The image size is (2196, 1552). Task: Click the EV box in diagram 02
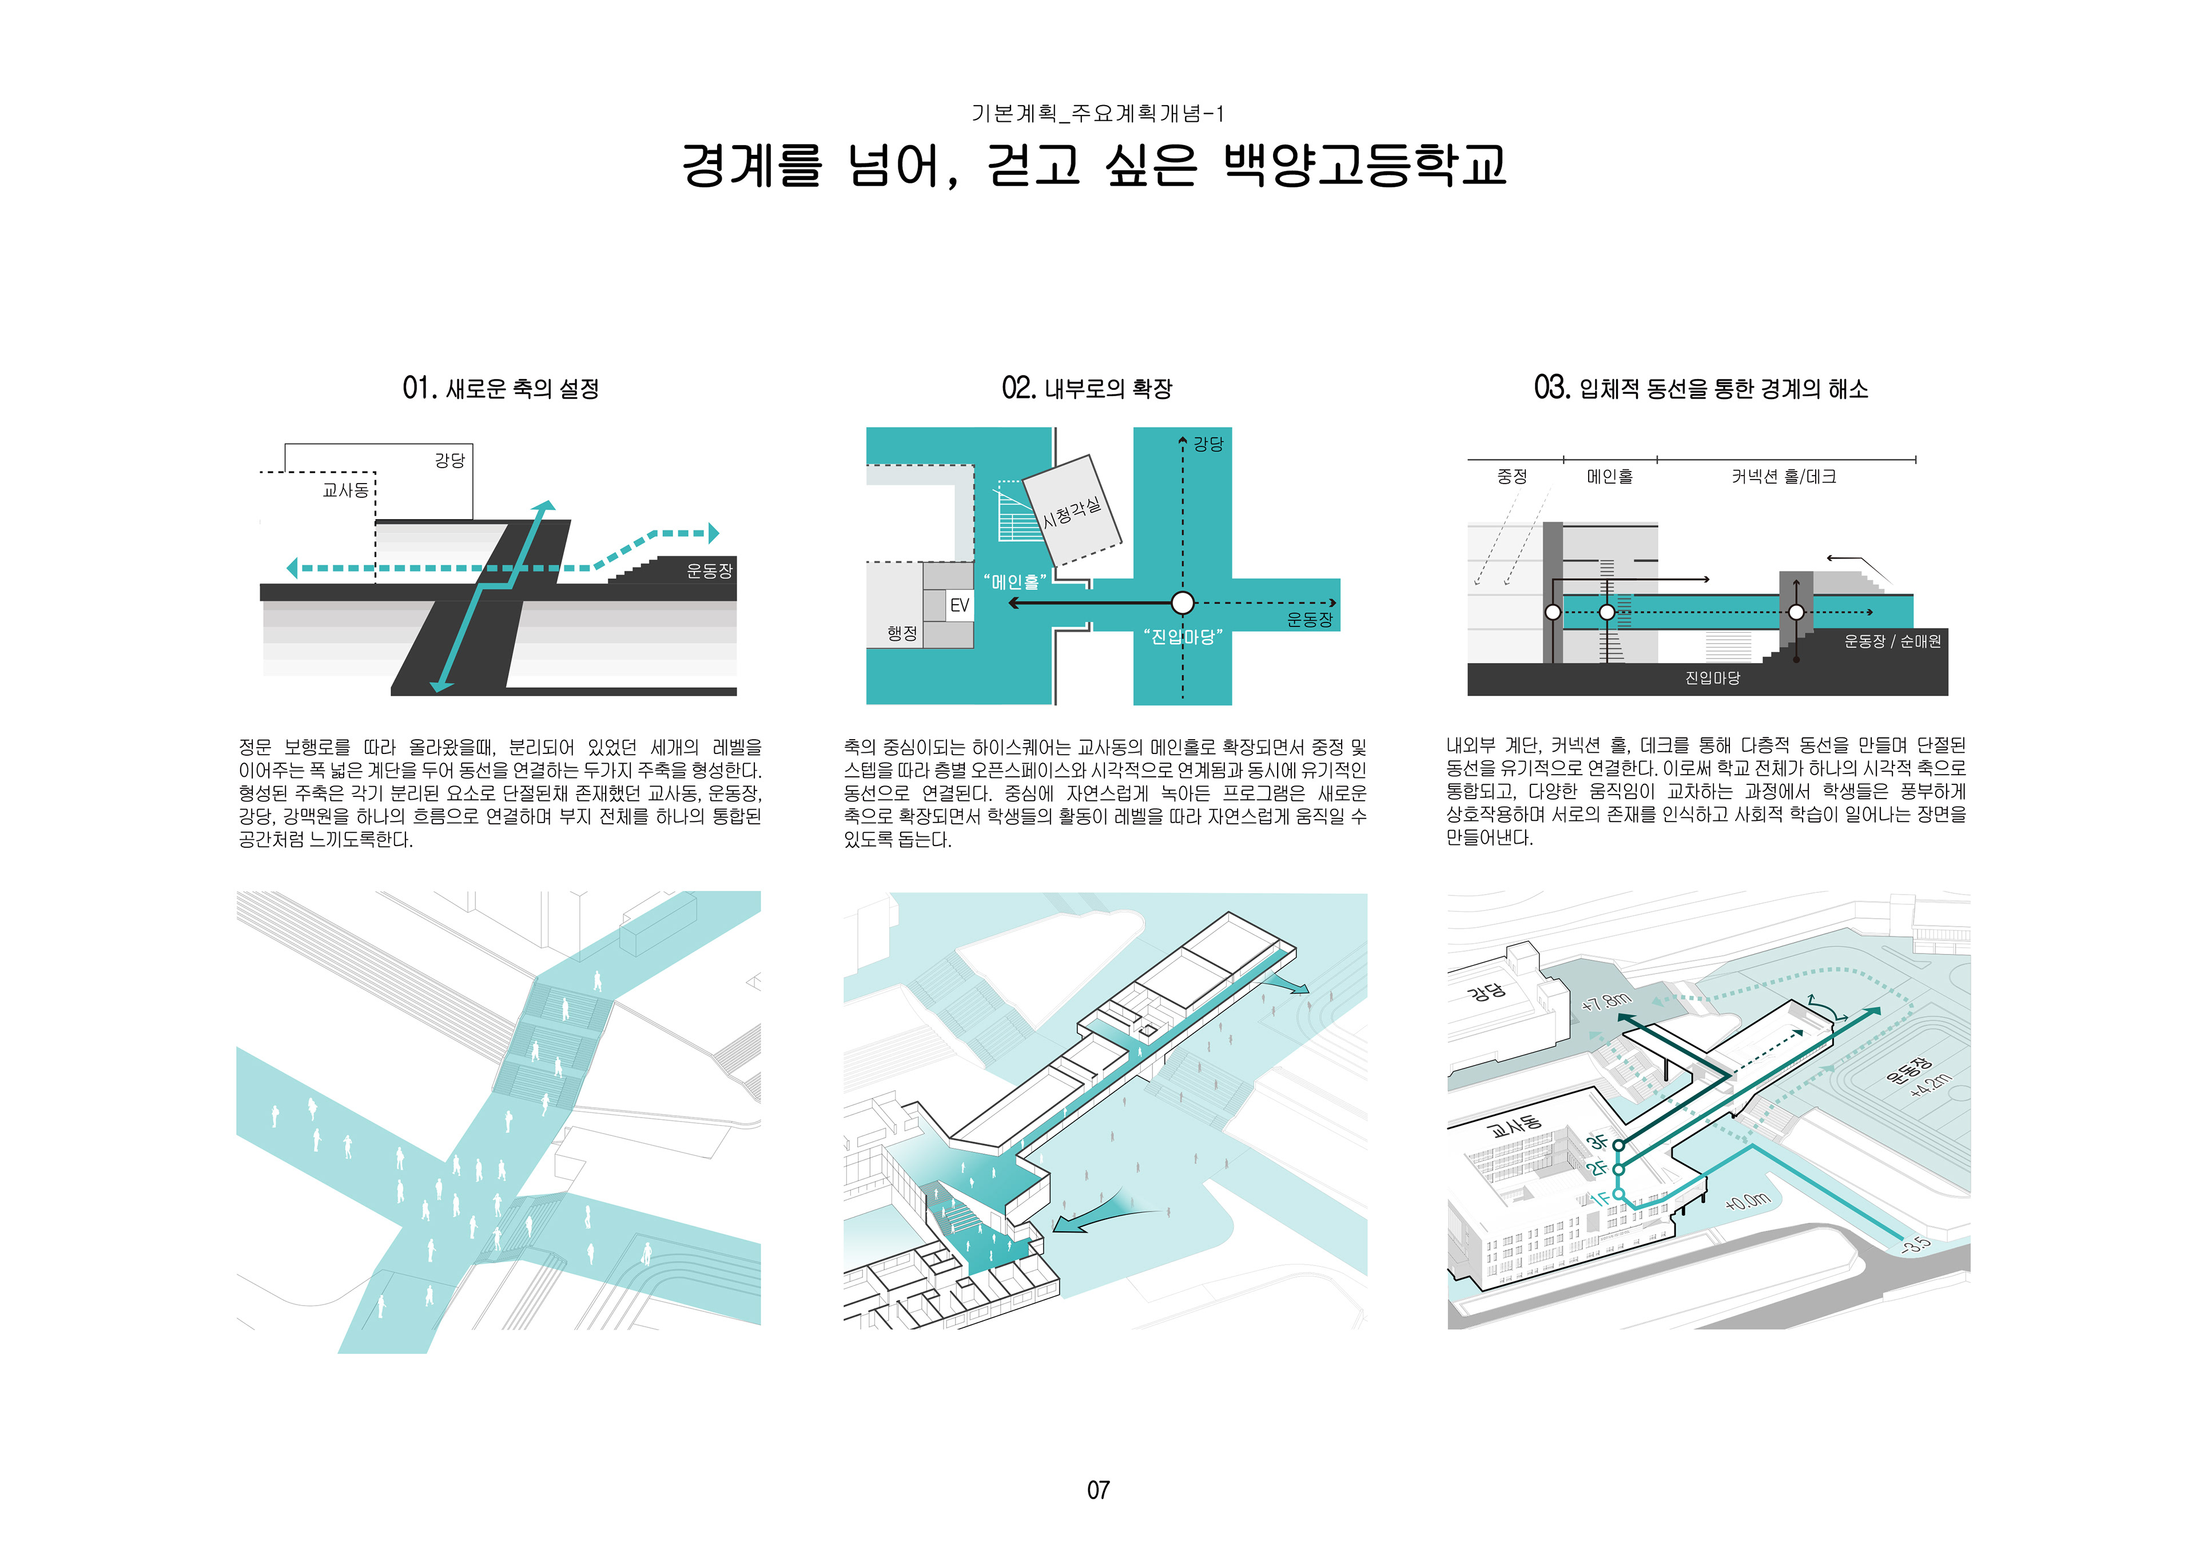point(958,605)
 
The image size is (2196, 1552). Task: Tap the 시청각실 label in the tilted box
point(1071,513)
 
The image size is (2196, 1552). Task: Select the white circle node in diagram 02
point(1182,603)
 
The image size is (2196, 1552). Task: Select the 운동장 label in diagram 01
point(709,571)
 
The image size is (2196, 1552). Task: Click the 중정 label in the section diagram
point(1511,476)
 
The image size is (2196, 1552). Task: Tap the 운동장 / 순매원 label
point(1892,641)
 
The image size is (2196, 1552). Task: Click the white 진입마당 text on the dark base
point(1712,678)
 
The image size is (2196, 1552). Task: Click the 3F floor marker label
point(1596,1142)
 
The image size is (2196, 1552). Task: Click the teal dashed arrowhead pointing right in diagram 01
point(713,533)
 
